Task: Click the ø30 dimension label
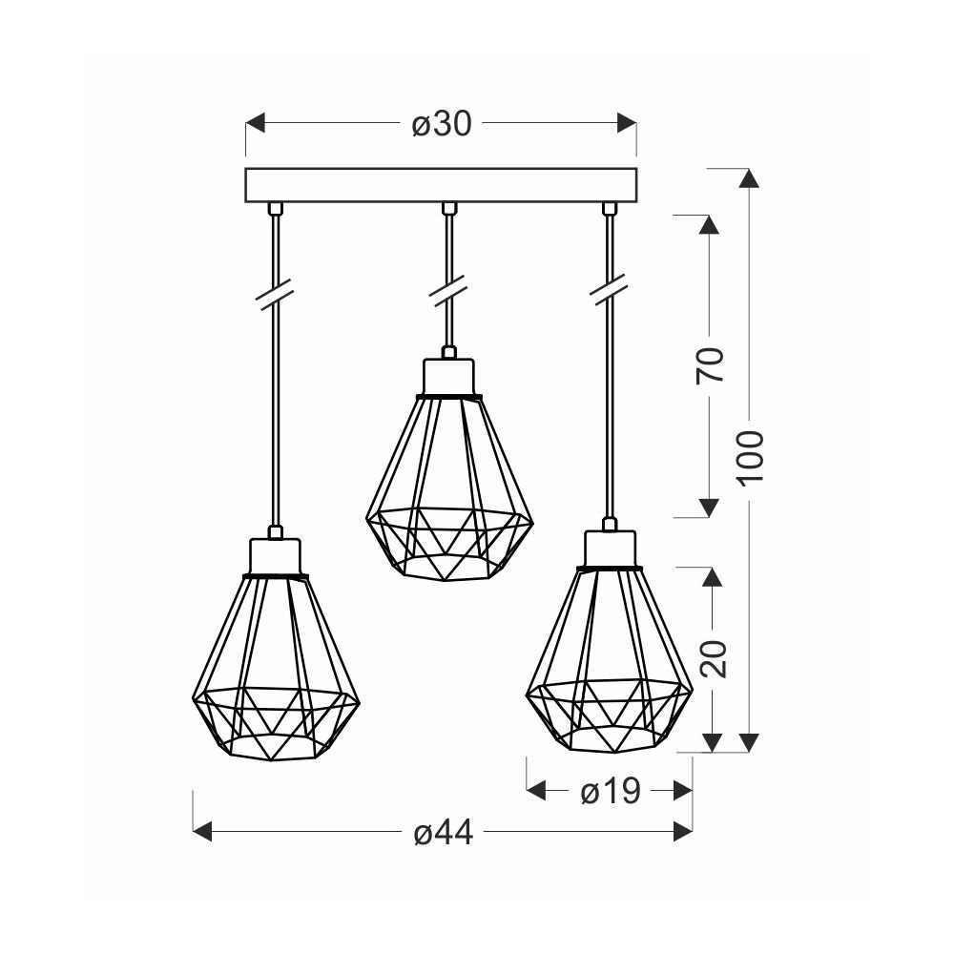442,124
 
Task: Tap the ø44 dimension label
444,831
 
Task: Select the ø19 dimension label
611,792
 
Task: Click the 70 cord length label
711,365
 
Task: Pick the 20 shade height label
713,659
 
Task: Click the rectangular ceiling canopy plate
441,185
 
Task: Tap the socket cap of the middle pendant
449,377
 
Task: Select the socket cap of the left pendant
275,555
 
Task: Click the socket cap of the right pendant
611,549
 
